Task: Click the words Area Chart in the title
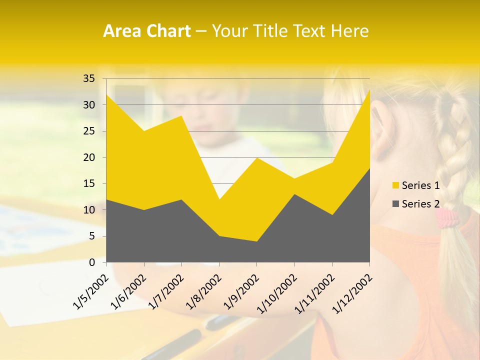146,31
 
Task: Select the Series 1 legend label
420,185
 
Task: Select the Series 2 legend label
420,203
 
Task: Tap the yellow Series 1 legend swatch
396,185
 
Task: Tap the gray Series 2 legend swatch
396,203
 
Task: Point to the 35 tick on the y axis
89,78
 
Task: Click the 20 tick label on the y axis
89,157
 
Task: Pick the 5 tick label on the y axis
91,236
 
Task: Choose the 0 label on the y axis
91,262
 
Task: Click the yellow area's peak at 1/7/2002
181,116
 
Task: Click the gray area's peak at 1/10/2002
294,195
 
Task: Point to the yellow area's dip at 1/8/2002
219,200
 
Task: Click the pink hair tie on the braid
447,216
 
